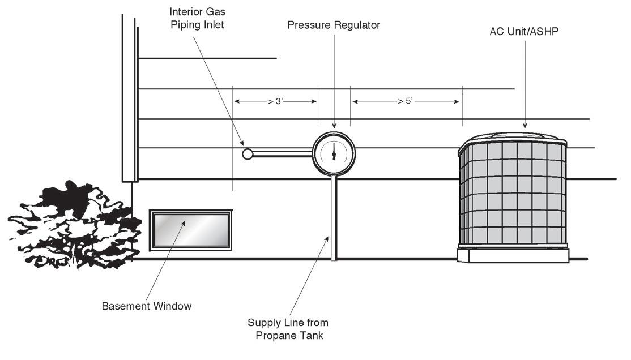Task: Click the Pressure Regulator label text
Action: (x=333, y=25)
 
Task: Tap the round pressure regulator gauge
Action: (x=334, y=152)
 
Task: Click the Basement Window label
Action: (x=147, y=306)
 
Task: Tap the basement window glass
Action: (x=190, y=228)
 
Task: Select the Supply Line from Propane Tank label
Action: (x=288, y=328)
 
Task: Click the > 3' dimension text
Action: (x=275, y=102)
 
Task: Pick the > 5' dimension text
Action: (x=406, y=102)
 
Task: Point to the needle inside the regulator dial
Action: (x=334, y=151)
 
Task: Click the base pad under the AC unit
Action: (x=514, y=256)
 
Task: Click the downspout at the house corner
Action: (x=129, y=96)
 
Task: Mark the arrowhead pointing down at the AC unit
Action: (x=525, y=126)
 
